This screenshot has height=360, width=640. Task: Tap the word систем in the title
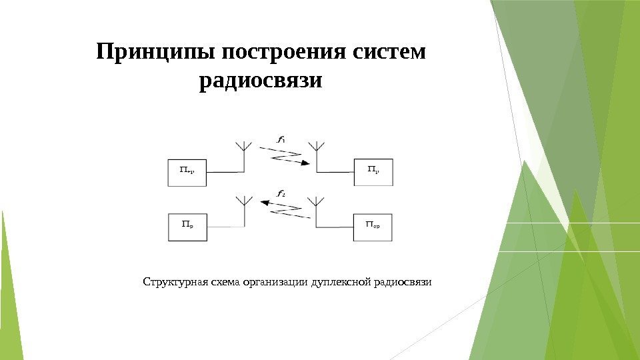click(x=393, y=53)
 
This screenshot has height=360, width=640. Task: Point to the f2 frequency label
click(x=281, y=194)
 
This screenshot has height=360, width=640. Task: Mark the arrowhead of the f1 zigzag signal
click(x=304, y=163)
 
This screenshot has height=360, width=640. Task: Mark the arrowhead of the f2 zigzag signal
click(x=263, y=206)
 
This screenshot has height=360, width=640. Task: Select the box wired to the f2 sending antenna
click(x=373, y=227)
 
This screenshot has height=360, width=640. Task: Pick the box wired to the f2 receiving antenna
click(x=186, y=227)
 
